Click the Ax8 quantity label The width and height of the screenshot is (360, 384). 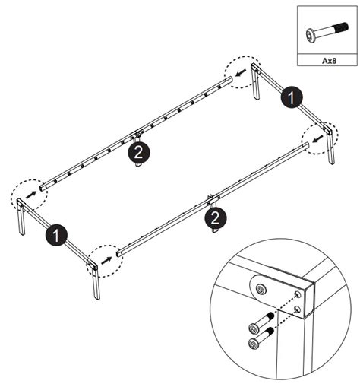(329, 61)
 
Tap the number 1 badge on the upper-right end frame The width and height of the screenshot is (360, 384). (292, 97)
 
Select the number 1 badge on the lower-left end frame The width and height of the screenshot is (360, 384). (56, 235)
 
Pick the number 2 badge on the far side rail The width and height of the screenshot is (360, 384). (139, 153)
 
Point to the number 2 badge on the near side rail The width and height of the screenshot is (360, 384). (216, 218)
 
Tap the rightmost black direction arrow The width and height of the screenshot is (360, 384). (318, 138)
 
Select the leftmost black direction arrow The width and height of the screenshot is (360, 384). (31, 195)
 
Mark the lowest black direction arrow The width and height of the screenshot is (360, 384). (106, 260)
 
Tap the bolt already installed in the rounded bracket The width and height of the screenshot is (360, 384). (261, 289)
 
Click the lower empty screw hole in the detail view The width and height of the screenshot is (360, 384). (298, 309)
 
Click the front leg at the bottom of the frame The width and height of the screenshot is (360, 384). (96, 284)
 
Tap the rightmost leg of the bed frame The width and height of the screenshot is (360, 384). (331, 150)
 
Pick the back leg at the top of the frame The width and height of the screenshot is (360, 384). (256, 84)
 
